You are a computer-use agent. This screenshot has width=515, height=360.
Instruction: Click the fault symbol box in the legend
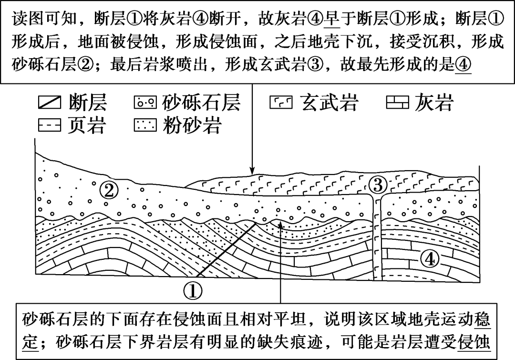tap(50, 102)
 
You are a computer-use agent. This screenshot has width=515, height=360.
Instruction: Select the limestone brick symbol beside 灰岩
tap(397, 102)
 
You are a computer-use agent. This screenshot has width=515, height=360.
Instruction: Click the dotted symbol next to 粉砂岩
tap(145, 125)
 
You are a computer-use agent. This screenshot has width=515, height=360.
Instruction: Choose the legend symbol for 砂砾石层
tap(145, 102)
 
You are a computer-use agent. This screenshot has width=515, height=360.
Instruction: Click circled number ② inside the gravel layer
tap(109, 190)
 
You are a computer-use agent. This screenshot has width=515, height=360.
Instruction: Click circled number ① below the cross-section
tap(193, 290)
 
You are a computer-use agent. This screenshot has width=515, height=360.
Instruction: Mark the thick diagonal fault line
tap(227, 250)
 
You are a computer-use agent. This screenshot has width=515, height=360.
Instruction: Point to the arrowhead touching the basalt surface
tap(252, 171)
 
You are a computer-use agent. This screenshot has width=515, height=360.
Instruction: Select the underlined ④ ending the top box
tap(463, 64)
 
